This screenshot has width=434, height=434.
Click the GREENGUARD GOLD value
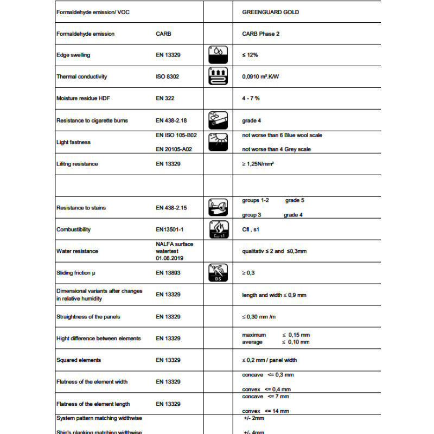pyautogui.click(x=270, y=12)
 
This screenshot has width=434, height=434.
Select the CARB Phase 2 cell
pyautogui.click(x=260, y=34)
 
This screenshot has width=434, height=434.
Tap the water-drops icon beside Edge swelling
pyautogui.click(x=218, y=55)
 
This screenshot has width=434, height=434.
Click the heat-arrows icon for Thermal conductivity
pyautogui.click(x=218, y=76)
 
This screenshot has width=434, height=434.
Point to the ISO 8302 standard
pyautogui.click(x=167, y=76)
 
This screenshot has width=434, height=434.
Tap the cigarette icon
pyautogui.click(x=218, y=120)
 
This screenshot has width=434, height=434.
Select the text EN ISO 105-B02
pyautogui.click(x=176, y=135)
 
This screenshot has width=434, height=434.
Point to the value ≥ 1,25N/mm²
pyautogui.click(x=258, y=164)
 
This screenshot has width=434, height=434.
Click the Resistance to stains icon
pyautogui.click(x=218, y=207)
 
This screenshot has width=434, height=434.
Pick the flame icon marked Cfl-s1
pyautogui.click(x=218, y=229)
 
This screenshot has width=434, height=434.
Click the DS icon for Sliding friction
pyautogui.click(x=218, y=273)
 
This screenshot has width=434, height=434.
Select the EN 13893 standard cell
pyautogui.click(x=168, y=273)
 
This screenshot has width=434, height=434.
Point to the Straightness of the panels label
pyautogui.click(x=88, y=316)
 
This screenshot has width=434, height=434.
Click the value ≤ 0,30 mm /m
pyautogui.click(x=261, y=316)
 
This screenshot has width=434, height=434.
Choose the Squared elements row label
pyautogui.click(x=79, y=360)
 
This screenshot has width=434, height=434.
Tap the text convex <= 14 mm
pyautogui.click(x=265, y=411)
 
